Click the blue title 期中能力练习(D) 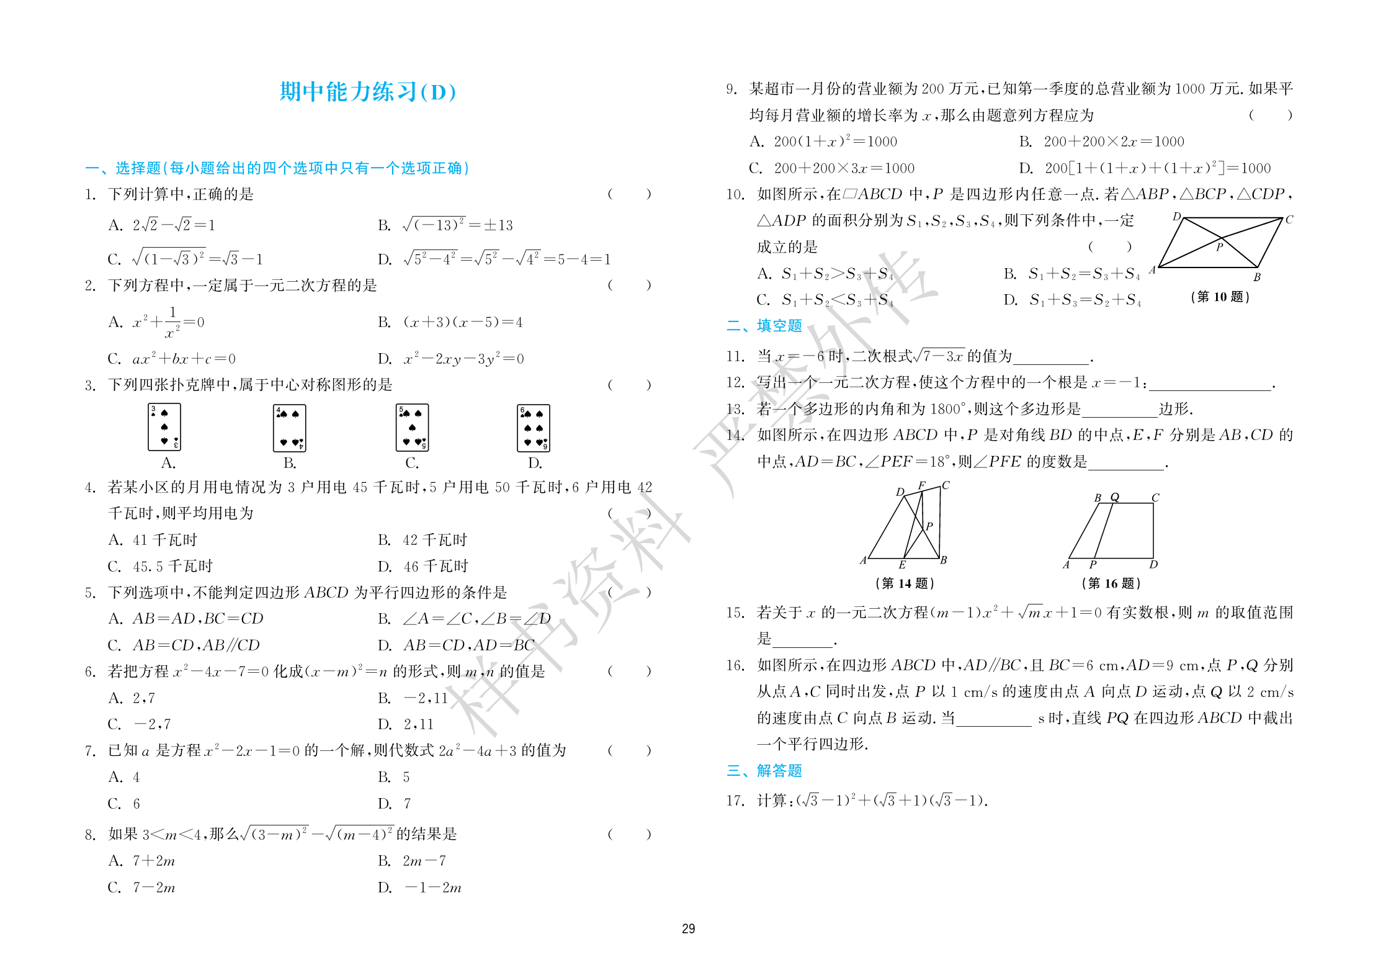tap(368, 92)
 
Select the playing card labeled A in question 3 tap(164, 427)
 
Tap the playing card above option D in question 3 tap(534, 428)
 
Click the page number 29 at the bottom tap(688, 928)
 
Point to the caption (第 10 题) tap(1220, 297)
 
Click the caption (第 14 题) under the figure tap(905, 583)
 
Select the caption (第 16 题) tap(1111, 583)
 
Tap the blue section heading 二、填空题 tap(764, 326)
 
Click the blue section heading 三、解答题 tap(764, 771)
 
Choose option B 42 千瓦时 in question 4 tap(423, 540)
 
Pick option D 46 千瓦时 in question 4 tap(423, 566)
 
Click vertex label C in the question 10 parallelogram tap(1289, 220)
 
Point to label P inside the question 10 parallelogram tap(1219, 247)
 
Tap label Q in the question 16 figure tap(1114, 497)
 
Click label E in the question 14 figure tap(902, 565)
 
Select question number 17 tap(735, 801)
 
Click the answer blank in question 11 tap(1052, 357)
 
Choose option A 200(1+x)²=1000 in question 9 tap(823, 142)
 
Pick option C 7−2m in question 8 tap(142, 887)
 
